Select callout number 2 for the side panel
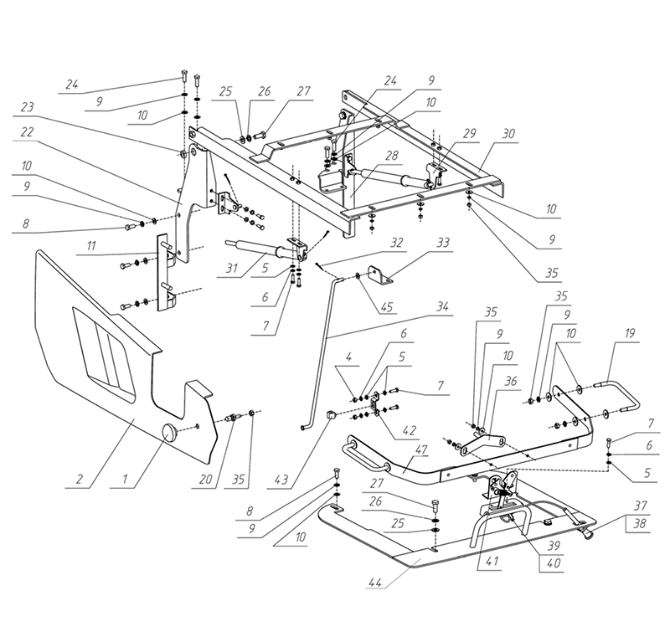[x=79, y=479]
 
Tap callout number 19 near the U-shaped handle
[x=630, y=333]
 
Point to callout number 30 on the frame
[x=508, y=134]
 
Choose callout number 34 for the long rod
[x=442, y=306]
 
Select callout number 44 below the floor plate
[x=374, y=582]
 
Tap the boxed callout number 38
[x=639, y=523]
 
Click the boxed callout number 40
[x=554, y=563]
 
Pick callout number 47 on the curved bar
[x=421, y=449]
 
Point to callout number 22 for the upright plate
[x=27, y=131]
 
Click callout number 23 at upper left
[x=27, y=107]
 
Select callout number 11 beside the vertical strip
[x=91, y=246]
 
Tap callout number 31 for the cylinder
[x=231, y=268]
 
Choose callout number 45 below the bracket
[x=386, y=306]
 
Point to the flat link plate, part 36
[x=482, y=442]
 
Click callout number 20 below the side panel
[x=205, y=479]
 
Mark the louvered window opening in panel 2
[x=104, y=354]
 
